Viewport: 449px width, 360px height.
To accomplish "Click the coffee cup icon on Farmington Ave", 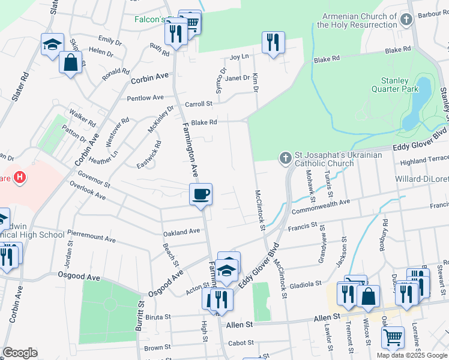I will tap(201, 194).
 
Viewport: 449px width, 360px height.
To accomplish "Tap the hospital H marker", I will tap(20, 177).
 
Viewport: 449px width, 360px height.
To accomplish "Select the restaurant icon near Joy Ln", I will tap(273, 43).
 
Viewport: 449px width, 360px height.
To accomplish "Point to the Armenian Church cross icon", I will tap(407, 20).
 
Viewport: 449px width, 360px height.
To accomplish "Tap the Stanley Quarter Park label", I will tap(399, 85).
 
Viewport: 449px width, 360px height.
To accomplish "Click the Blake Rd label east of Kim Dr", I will tap(327, 59).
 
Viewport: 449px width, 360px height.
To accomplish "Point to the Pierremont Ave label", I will tap(91, 235).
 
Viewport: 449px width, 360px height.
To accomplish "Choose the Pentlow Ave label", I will tap(145, 97).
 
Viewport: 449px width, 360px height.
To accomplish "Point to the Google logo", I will tap(20, 353).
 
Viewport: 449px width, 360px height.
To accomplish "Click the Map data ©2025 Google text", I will tap(412, 355).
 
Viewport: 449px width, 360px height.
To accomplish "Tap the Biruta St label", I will tap(157, 316).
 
